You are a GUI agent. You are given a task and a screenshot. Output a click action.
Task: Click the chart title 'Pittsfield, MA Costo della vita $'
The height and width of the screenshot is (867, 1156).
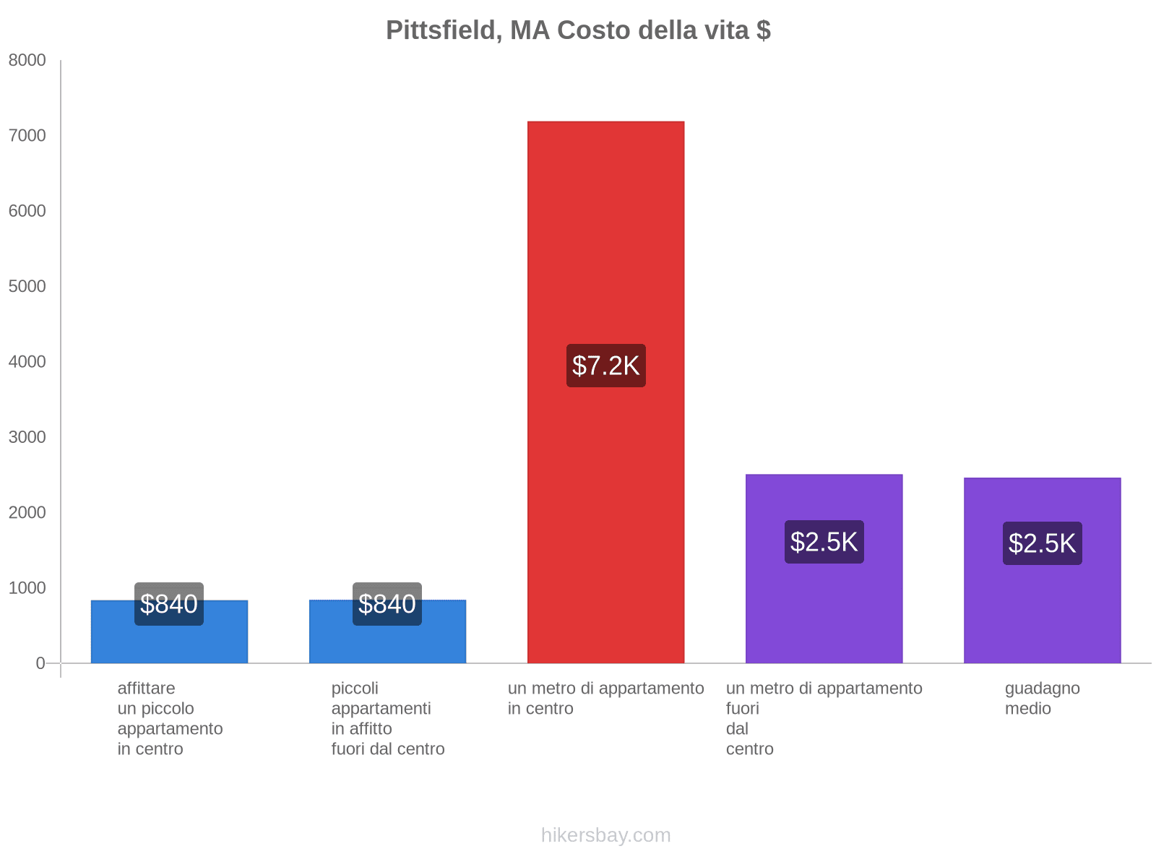click(578, 30)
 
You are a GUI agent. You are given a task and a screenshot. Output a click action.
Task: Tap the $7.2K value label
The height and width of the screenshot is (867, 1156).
click(605, 366)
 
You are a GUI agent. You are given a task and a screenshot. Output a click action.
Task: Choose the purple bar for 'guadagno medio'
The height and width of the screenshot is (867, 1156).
click(1042, 614)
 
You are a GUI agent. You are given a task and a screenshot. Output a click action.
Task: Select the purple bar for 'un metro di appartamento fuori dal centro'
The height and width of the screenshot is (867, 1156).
click(824, 614)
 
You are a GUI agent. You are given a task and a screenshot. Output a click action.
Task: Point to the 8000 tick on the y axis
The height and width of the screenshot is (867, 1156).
click(27, 61)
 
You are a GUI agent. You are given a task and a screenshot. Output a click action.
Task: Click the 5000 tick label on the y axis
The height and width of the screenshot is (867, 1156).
click(27, 287)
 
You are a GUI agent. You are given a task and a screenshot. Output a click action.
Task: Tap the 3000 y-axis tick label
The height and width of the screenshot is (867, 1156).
click(27, 437)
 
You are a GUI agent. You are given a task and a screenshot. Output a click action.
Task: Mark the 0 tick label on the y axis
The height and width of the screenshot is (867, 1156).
click(40, 663)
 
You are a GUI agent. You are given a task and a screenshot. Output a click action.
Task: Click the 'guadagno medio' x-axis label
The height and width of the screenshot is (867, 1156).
click(1042, 698)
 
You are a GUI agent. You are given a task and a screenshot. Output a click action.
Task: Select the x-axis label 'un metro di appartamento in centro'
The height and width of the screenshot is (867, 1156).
click(605, 698)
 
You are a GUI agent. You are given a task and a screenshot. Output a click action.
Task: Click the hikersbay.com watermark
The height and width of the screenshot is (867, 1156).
click(605, 835)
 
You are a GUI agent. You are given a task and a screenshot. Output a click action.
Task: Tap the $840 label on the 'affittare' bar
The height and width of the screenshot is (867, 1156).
click(169, 604)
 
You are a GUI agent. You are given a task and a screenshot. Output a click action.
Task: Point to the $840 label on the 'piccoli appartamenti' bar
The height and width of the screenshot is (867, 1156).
click(387, 604)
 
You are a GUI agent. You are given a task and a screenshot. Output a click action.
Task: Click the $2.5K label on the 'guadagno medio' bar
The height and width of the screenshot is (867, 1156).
click(1042, 543)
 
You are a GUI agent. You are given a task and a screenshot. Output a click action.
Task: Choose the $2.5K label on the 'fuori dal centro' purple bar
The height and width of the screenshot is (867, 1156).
click(824, 542)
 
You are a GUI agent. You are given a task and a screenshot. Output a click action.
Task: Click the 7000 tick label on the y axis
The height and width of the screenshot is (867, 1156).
click(27, 136)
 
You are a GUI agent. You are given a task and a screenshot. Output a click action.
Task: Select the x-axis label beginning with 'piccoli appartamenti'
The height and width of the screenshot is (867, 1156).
click(387, 718)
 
